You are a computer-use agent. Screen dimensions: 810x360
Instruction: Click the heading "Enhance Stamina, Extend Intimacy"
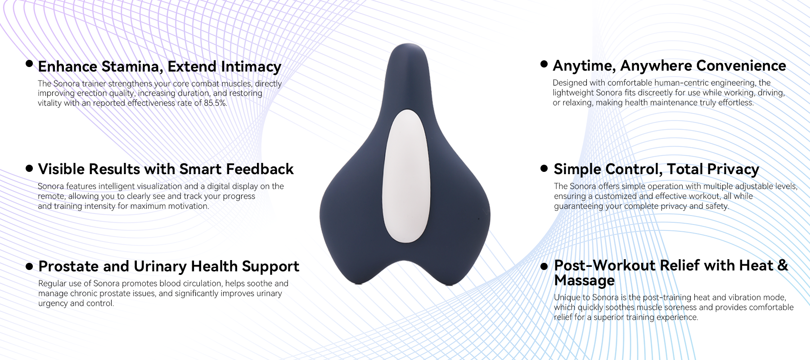pos(160,67)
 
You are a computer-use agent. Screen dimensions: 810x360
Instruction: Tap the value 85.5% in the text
pos(215,103)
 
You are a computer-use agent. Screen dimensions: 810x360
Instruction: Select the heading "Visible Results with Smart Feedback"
pos(166,169)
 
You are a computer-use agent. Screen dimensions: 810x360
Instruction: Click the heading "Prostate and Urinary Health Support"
pos(169,266)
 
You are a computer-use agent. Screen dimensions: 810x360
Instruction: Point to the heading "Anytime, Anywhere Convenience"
pos(669,66)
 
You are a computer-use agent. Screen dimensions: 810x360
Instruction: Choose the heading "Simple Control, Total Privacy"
pos(657,169)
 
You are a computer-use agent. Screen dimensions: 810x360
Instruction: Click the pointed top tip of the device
pos(408,44)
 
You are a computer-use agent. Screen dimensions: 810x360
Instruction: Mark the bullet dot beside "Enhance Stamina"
pos(30,63)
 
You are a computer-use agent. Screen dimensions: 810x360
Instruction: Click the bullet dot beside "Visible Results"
pos(30,169)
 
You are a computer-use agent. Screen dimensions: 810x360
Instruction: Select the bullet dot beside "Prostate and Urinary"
pos(30,266)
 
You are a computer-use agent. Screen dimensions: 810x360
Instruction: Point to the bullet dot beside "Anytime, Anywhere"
pos(544,64)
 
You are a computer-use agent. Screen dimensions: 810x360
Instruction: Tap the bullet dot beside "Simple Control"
pos(544,169)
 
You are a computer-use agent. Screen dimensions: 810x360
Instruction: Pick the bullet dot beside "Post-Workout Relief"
pos(544,266)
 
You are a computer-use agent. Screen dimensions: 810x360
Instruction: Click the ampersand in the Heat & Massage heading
pos(783,265)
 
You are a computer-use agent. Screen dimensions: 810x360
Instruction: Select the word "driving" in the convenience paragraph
pos(770,93)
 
